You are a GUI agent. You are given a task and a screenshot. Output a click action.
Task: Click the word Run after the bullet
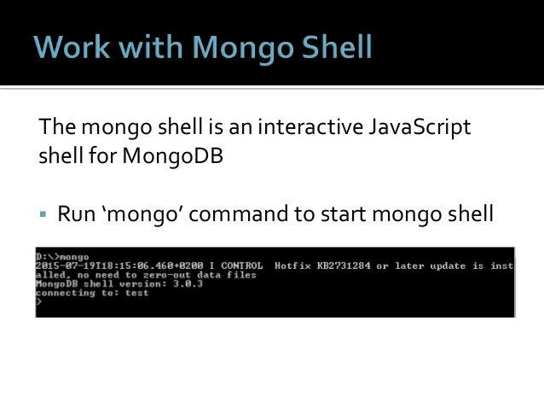point(74,212)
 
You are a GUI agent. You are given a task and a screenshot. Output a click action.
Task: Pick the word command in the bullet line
point(244,212)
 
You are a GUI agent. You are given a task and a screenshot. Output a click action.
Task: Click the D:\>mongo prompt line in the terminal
point(63,256)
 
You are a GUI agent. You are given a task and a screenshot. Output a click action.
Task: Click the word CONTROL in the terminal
point(240,266)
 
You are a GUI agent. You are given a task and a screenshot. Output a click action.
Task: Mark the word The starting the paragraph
point(56,128)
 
